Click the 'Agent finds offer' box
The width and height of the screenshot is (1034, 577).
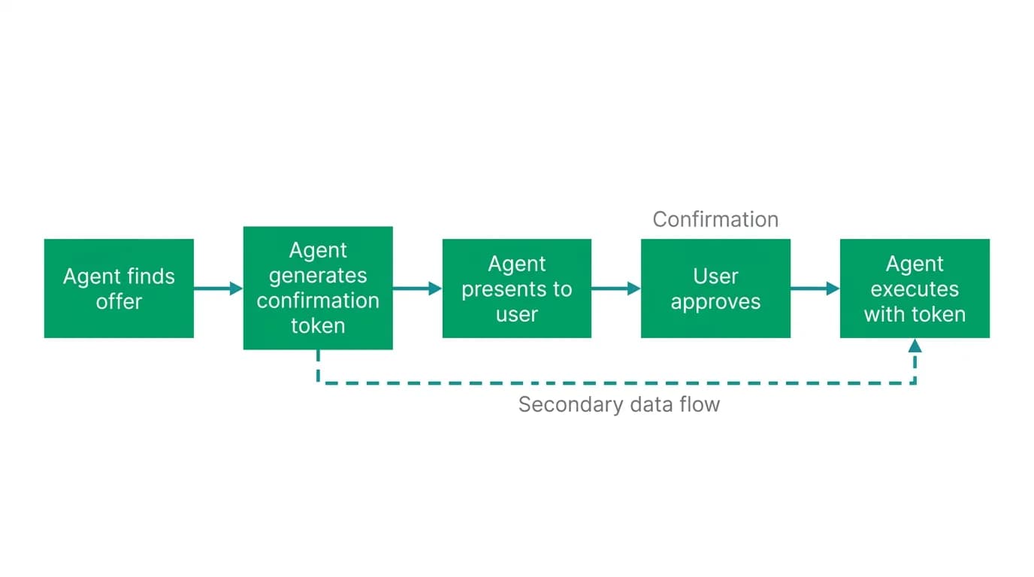(119, 288)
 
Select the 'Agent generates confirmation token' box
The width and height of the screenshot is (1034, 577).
(318, 288)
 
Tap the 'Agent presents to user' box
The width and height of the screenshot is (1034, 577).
(517, 288)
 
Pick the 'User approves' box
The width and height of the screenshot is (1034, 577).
(715, 288)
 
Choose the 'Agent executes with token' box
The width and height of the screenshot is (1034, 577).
(915, 288)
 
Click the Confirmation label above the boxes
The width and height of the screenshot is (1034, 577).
(715, 219)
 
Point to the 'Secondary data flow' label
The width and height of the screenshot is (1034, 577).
(619, 405)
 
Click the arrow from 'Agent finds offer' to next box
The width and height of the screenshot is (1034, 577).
(219, 288)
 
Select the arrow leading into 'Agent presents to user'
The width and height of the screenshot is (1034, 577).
(417, 288)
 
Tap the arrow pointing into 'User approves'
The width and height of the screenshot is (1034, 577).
(616, 288)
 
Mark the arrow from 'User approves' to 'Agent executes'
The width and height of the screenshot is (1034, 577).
(815, 288)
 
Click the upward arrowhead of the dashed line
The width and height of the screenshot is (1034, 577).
(915, 346)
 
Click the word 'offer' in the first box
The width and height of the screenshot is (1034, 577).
(119, 301)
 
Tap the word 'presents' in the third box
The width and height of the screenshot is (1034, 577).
(500, 290)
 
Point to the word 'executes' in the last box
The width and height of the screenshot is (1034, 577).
(915, 289)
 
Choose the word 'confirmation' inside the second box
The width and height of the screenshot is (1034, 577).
(318, 301)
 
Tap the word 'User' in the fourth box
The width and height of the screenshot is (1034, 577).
(715, 276)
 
